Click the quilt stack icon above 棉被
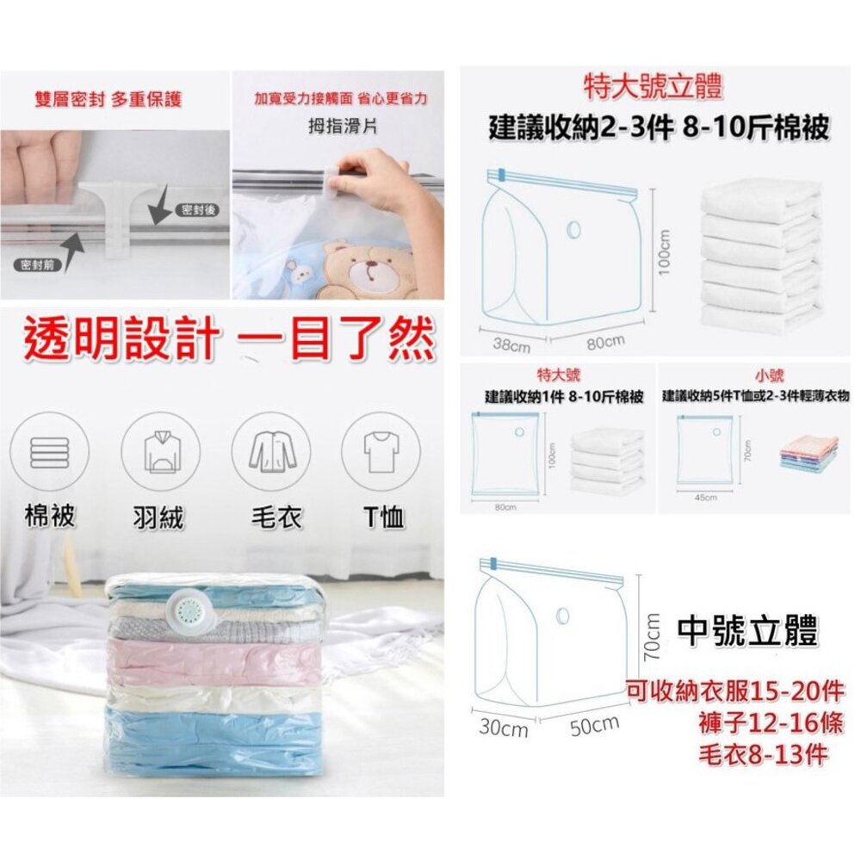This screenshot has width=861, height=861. [50, 451]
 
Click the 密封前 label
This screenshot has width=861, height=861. [37, 264]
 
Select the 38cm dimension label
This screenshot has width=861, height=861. [511, 345]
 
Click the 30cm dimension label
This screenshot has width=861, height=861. [503, 729]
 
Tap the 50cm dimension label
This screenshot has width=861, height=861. [595, 726]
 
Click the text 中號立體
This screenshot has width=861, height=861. [747, 631]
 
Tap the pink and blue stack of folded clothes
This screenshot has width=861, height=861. [808, 454]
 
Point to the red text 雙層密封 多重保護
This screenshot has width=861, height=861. [108, 100]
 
